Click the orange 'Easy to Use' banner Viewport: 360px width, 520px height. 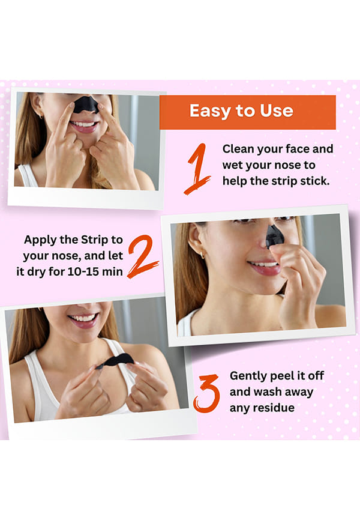[x=248, y=112]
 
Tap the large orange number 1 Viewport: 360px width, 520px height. [x=198, y=169]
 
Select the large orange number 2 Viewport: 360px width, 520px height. [x=143, y=256]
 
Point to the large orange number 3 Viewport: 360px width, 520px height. [x=206, y=393]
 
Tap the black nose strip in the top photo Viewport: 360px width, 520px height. [x=86, y=104]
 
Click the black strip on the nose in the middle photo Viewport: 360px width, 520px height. [x=275, y=236]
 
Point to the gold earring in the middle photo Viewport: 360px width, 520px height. [x=202, y=255]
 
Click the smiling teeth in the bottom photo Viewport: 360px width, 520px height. [x=82, y=318]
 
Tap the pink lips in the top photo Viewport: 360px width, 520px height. [x=84, y=126]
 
